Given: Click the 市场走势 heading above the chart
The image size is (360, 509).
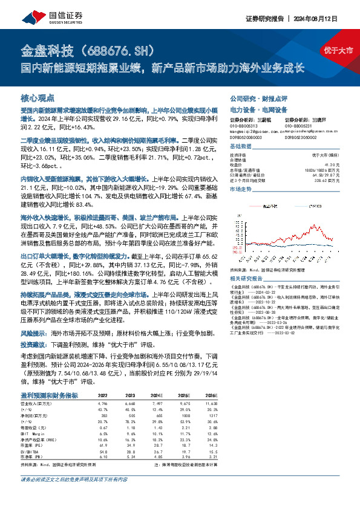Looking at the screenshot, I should click(240, 189).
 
